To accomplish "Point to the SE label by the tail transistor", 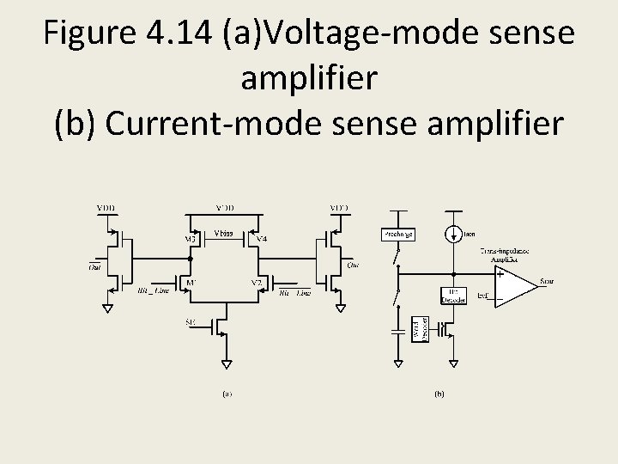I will (x=191, y=322).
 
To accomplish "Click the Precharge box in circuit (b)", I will (x=397, y=235).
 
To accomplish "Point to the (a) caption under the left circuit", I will (x=226, y=394).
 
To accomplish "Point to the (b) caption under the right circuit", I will (x=439, y=394).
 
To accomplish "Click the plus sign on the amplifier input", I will (x=500, y=275).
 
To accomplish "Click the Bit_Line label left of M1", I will (x=152, y=292).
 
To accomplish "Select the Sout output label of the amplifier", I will (x=548, y=281).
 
